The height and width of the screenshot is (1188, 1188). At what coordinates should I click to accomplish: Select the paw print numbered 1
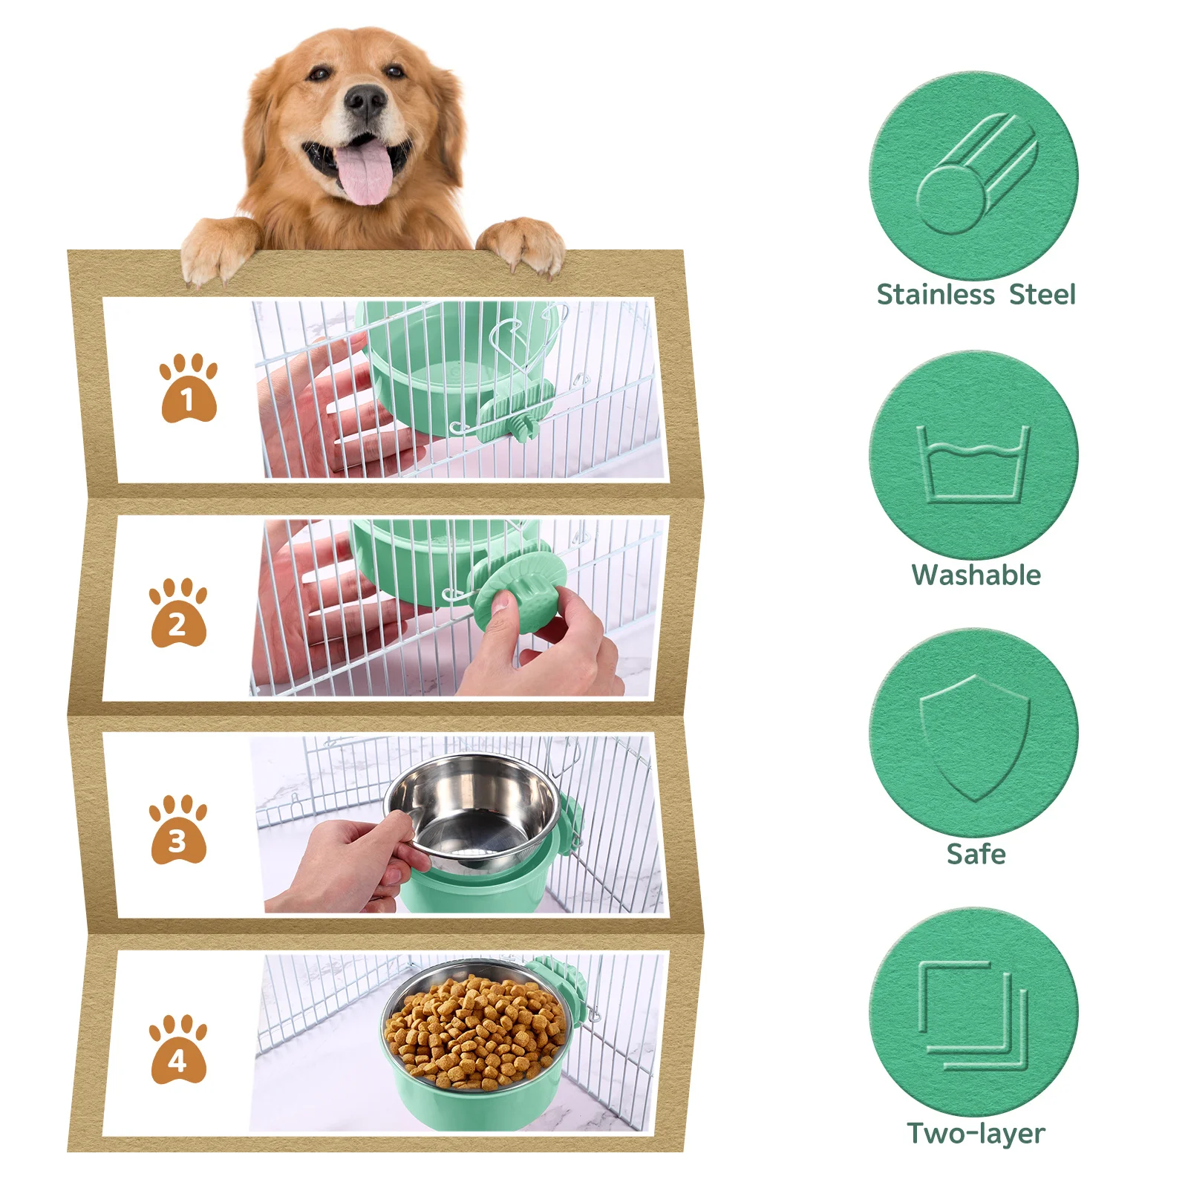[189, 388]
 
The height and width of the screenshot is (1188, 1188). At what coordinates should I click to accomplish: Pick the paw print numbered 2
[178, 613]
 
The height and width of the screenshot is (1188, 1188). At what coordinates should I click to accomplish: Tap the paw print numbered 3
[178, 830]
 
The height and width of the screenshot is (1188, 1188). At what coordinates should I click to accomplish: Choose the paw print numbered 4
[178, 1049]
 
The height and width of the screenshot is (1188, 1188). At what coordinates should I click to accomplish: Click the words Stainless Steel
[976, 295]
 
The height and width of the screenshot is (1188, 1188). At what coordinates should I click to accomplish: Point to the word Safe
[976, 855]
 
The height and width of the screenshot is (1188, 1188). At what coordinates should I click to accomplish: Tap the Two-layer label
[976, 1134]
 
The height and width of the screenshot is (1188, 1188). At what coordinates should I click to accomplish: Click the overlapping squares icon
[973, 1015]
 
